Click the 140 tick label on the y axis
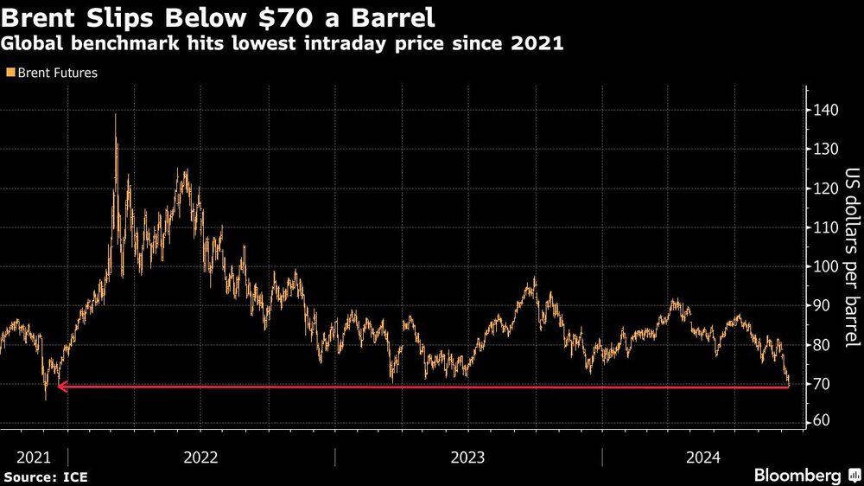click(x=824, y=111)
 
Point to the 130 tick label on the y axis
click(x=824, y=150)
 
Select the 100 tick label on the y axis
click(x=824, y=266)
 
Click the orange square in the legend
click(x=10, y=74)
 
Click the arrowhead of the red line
click(x=61, y=387)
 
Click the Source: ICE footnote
click(x=46, y=476)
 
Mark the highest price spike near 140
click(x=116, y=115)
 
